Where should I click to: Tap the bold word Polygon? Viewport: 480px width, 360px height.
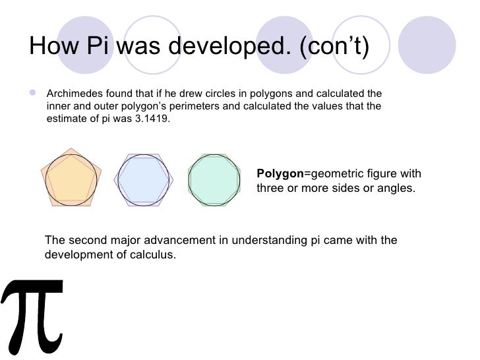coord(280,173)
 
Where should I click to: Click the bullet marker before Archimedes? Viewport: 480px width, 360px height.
coord(34,93)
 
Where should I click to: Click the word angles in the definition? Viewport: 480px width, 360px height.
coord(396,188)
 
